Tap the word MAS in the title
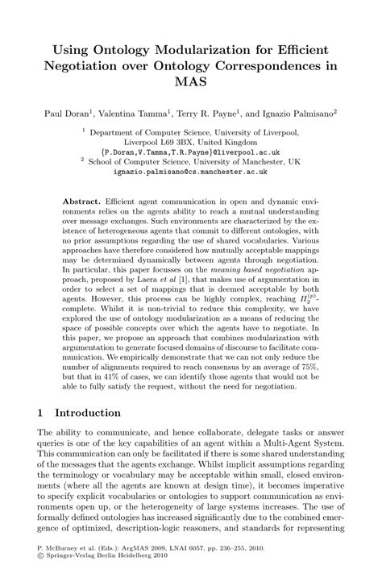coord(191,81)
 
